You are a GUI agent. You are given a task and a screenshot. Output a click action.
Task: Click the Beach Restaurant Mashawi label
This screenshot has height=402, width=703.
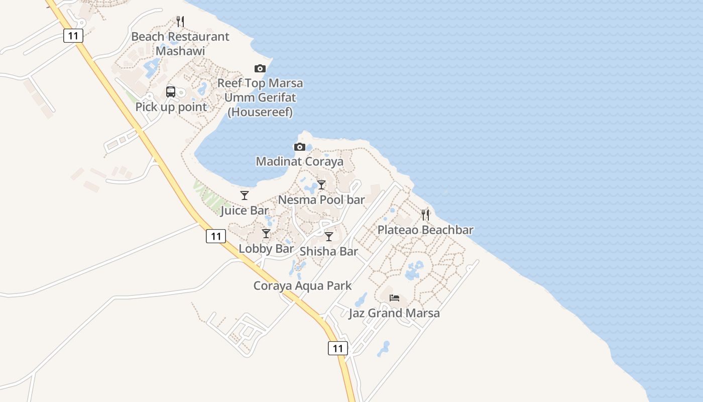click(x=180, y=44)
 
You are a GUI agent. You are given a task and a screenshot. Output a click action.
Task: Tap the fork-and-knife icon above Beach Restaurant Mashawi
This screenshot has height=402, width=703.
click(x=180, y=22)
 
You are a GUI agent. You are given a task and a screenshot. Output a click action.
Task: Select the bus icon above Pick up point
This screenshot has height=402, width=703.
click(x=171, y=92)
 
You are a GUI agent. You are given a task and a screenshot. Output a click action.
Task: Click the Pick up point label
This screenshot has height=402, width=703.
click(x=171, y=107)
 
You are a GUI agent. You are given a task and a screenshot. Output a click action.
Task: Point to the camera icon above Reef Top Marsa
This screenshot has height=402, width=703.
click(x=260, y=68)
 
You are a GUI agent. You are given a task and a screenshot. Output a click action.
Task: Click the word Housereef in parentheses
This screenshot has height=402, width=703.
click(x=260, y=112)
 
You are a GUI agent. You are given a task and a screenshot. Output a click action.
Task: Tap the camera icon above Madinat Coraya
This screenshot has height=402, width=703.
click(x=300, y=147)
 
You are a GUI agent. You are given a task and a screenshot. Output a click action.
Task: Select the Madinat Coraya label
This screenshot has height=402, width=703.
click(x=300, y=161)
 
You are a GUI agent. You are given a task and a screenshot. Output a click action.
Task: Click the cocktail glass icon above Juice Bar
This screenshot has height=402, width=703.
click(x=245, y=195)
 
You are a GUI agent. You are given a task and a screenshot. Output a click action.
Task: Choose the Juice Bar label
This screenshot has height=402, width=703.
click(x=245, y=210)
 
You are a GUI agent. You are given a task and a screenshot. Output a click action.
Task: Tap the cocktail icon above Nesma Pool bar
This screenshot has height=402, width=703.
click(x=321, y=185)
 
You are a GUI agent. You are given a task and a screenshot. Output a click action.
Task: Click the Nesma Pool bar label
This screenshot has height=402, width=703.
click(x=321, y=199)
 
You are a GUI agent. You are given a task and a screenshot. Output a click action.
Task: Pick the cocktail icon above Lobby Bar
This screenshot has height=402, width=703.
click(x=266, y=234)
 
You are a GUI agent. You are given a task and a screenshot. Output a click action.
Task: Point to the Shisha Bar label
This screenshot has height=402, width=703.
click(x=329, y=251)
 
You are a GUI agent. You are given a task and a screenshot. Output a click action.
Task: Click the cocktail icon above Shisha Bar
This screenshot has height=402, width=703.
click(x=329, y=237)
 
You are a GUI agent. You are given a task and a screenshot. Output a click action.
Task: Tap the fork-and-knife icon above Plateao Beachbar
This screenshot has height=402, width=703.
click(x=425, y=215)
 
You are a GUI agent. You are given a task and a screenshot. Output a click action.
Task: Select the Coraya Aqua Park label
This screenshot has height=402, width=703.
click(x=302, y=286)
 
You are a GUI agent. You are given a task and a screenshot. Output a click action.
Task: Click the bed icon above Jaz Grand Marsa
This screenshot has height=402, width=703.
click(x=394, y=298)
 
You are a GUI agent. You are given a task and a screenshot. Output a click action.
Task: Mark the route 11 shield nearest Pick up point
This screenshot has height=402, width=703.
click(x=73, y=36)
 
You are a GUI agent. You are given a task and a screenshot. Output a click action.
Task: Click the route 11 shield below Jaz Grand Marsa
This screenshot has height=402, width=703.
click(x=338, y=348)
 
